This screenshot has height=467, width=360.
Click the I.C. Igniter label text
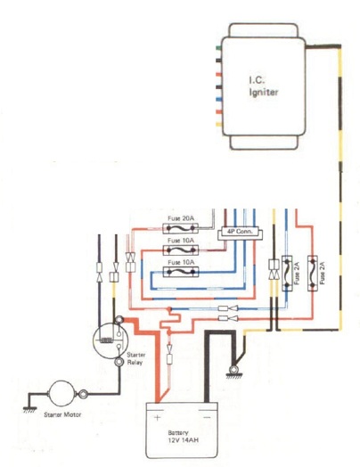[x=263, y=86]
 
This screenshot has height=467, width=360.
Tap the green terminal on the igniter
[x=218, y=47]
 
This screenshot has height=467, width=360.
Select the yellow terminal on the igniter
[x=218, y=125]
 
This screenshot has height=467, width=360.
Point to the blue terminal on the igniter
[x=218, y=99]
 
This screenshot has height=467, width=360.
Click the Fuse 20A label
[x=181, y=218]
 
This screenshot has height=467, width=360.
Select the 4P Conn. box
[x=240, y=233]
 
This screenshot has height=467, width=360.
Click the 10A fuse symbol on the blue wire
[x=181, y=272]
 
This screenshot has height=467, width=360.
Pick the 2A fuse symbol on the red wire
[x=313, y=273]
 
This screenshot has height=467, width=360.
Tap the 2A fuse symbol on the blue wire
[x=287, y=273]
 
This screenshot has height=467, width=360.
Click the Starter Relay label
[x=135, y=358]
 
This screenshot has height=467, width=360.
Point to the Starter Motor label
[x=62, y=414]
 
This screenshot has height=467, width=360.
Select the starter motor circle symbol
[x=61, y=394]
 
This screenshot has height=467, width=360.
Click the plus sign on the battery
[x=157, y=418]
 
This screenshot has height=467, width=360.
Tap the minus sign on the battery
[x=207, y=418]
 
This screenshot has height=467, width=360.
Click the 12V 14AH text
[x=183, y=439]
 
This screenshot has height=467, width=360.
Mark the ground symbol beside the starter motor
[x=29, y=409]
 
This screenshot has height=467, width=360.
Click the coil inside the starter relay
[x=106, y=340]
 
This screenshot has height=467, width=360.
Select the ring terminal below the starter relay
[x=119, y=362]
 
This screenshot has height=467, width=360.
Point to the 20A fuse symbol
[x=181, y=228]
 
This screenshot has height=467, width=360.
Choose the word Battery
[x=177, y=433]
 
